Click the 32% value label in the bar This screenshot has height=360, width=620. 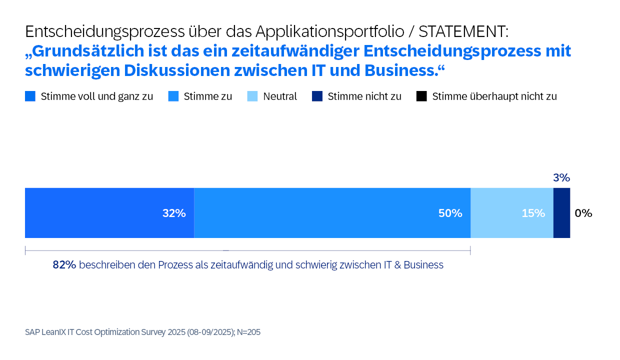pyautogui.click(x=174, y=213)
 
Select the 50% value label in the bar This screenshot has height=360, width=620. pyautogui.click(x=450, y=213)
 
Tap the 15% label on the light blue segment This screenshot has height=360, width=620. pyautogui.click(x=533, y=213)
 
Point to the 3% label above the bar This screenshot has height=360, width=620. pyautogui.click(x=561, y=177)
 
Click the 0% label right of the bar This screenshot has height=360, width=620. pyautogui.click(x=583, y=213)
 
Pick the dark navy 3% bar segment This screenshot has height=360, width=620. pyautogui.click(x=561, y=213)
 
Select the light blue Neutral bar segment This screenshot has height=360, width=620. pyautogui.click(x=512, y=213)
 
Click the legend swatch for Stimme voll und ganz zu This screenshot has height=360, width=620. pyautogui.click(x=30, y=96)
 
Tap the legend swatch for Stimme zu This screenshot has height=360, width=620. pyautogui.click(x=173, y=96)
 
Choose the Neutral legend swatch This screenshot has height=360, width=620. pyautogui.click(x=252, y=96)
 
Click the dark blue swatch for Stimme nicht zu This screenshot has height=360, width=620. pyautogui.click(x=316, y=96)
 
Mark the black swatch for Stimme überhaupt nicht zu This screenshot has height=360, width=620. pyautogui.click(x=421, y=96)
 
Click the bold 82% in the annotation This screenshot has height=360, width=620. pyautogui.click(x=64, y=265)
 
